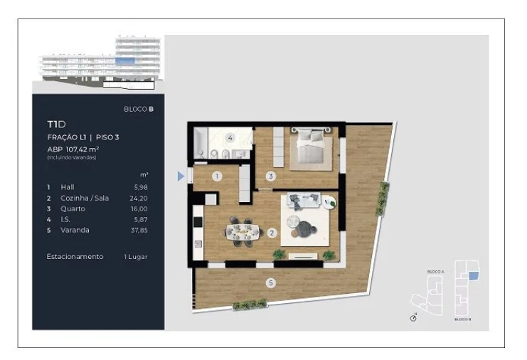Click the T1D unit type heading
[56, 124]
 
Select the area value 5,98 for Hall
[141, 186]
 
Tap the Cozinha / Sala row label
[85, 198]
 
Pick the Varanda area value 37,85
[139, 230]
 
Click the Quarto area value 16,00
[139, 208]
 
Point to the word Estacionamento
[75, 256]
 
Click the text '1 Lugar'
[135, 256]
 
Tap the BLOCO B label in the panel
[139, 109]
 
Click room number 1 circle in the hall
[217, 175]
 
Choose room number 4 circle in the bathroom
[230, 137]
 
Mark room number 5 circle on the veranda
[271, 283]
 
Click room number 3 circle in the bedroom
[270, 176]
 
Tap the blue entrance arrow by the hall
[181, 176]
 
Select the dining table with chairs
[242, 231]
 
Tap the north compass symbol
[414, 317]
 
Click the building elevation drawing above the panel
[100, 64]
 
